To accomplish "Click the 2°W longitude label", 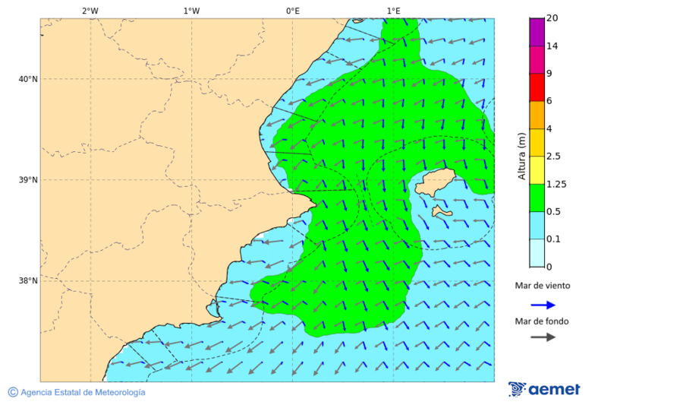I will point(90,11).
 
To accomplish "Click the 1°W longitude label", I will point(191,11).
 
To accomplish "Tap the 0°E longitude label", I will point(292,11).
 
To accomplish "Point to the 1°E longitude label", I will point(393,11).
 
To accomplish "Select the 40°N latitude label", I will point(28,79).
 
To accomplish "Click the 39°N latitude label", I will point(28,180).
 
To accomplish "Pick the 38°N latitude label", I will point(28,281).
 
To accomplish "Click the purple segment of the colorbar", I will point(537,32).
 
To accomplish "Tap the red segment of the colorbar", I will point(537,87).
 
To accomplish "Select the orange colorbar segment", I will point(537,115).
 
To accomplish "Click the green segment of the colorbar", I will point(537,198).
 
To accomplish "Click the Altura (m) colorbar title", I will point(521,156).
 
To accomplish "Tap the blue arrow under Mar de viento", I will point(543,305).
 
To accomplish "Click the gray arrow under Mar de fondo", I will point(543,337).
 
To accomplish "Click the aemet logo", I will point(544,389).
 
